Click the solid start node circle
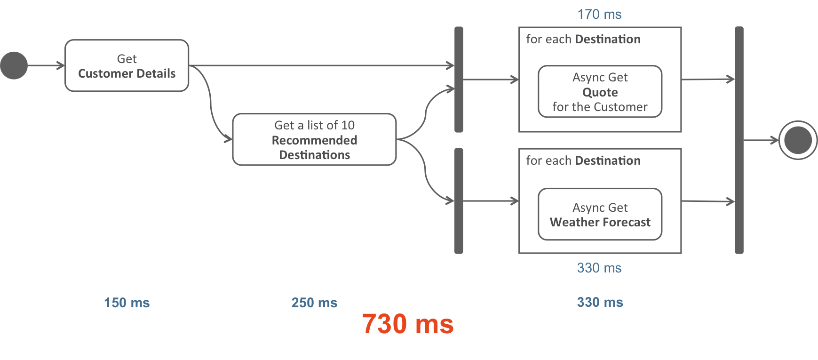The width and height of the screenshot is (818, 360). click(14, 65)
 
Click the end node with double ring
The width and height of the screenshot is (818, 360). click(798, 140)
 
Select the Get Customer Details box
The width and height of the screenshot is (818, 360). click(127, 66)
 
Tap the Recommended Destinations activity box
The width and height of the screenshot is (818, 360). click(314, 140)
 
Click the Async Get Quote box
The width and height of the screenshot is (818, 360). click(600, 92)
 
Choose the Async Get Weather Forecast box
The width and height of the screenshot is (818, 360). click(600, 215)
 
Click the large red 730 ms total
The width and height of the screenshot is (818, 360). click(408, 324)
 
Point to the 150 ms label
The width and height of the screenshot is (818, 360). click(127, 303)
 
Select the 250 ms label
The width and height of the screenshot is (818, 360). click(314, 303)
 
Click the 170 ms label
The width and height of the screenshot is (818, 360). click(599, 15)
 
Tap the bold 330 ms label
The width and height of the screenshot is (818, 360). click(600, 302)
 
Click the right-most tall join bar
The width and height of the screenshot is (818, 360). click(739, 140)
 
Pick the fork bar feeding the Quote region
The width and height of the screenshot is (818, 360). click(459, 79)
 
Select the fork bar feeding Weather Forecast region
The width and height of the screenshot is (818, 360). click(459, 201)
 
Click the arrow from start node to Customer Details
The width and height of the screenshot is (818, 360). click(46, 65)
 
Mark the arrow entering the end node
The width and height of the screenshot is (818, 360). click(761, 140)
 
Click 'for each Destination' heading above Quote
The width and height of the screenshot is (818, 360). click(583, 40)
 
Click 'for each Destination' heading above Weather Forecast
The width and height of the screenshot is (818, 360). click(583, 161)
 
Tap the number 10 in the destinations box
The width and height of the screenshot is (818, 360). click(348, 125)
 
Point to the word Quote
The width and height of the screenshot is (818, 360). click(600, 92)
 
